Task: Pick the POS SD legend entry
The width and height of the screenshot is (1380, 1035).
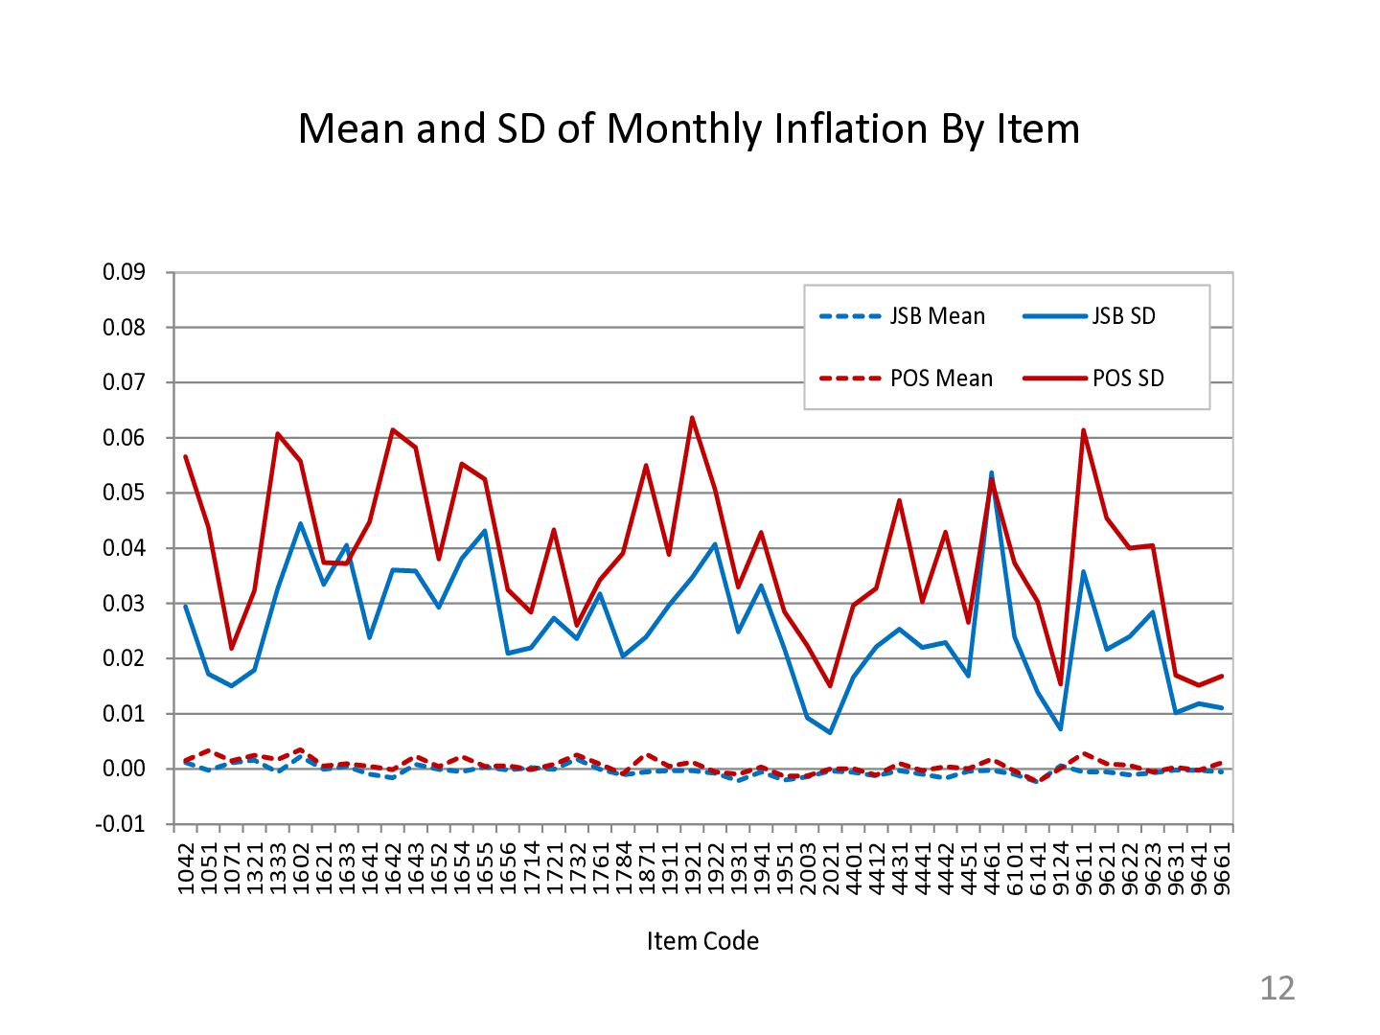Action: [x=1128, y=379]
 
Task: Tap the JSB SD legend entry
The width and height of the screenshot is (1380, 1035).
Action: [x=1123, y=316]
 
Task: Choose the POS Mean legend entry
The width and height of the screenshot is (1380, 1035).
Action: [x=941, y=379]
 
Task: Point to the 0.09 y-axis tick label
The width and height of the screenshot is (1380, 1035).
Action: [x=124, y=272]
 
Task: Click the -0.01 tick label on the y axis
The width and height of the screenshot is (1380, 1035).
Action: [x=120, y=824]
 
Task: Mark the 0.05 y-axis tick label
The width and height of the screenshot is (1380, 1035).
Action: [x=124, y=493]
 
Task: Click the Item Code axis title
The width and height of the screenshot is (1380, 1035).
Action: [x=702, y=941]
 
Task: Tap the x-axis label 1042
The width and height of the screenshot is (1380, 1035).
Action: [x=186, y=868]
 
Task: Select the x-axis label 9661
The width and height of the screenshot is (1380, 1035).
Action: [x=1222, y=868]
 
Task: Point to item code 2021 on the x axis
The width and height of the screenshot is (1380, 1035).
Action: [x=831, y=868]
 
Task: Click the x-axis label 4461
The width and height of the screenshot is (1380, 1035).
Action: [x=992, y=868]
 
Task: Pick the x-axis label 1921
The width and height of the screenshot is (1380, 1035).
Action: [x=693, y=868]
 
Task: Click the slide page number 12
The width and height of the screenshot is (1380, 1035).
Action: [x=1276, y=988]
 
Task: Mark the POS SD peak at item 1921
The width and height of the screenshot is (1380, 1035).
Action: [x=692, y=418]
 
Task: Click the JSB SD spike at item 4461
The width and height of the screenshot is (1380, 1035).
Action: [x=991, y=472]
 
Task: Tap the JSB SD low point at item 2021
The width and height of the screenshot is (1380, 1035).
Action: [x=830, y=733]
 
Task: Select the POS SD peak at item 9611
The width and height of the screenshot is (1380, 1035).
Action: [x=1084, y=430]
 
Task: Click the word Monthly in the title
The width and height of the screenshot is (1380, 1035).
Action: [x=685, y=128]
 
